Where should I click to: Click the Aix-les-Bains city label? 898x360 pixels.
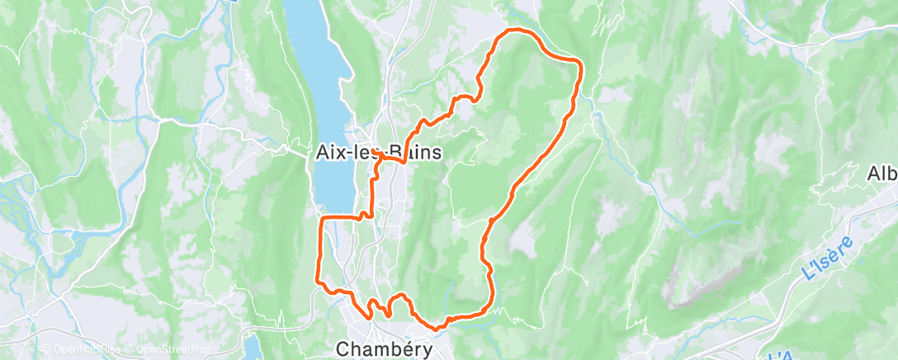[x=379, y=153]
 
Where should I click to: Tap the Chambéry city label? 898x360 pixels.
[x=385, y=349]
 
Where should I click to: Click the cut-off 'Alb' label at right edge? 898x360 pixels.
[x=881, y=174]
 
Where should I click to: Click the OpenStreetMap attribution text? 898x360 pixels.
[x=168, y=350]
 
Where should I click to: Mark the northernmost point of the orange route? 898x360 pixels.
[x=516, y=30]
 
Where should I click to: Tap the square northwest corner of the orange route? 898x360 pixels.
[x=321, y=218]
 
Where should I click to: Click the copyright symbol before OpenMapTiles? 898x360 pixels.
[x=46, y=350]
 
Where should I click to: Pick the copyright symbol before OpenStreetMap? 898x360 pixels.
[x=129, y=350]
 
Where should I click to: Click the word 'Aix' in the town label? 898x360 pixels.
[x=330, y=153]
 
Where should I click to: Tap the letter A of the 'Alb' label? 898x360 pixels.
[x=873, y=174]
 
